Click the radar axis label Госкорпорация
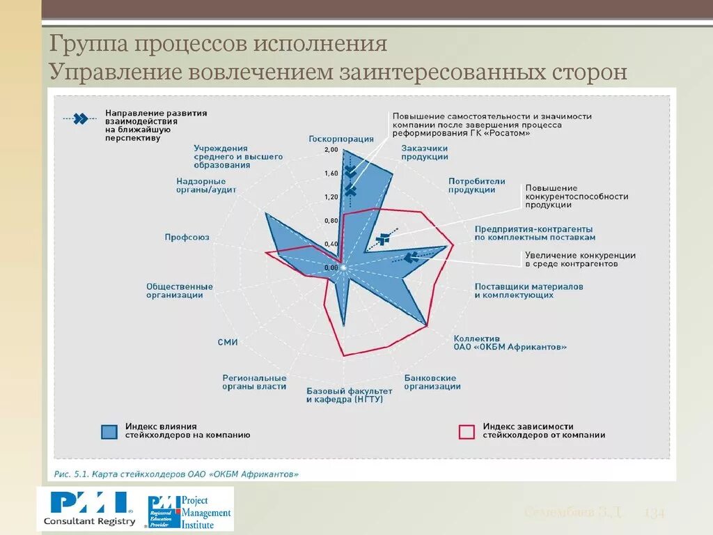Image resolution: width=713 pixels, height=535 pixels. click(341, 139)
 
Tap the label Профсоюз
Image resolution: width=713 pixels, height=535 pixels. click(187, 238)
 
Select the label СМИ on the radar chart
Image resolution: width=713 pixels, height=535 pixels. click(228, 341)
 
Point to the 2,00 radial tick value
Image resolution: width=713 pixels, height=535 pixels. click(331, 150)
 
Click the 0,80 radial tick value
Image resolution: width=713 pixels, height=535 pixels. click(331, 221)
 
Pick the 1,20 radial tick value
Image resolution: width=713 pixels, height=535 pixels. click(331, 197)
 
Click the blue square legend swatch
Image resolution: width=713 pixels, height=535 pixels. click(109, 431)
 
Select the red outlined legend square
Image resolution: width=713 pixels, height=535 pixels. click(467, 431)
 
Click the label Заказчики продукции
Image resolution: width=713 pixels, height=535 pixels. click(425, 153)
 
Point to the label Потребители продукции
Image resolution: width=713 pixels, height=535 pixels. click(476, 185)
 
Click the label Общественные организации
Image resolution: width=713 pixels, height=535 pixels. click(180, 290)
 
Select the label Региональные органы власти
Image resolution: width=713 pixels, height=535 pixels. click(254, 382)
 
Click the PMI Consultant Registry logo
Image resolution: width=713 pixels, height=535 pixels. click(89, 508)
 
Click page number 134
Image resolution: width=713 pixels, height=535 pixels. click(655, 513)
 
